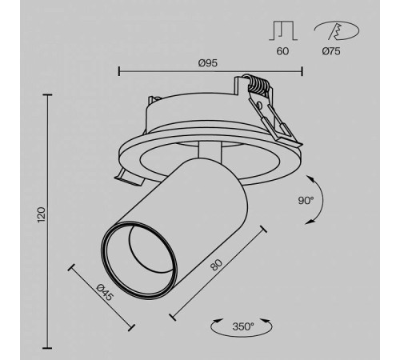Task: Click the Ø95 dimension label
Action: click(209, 62)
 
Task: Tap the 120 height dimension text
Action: click(42, 214)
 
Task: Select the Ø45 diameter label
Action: click(104, 294)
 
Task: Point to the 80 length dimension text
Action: click(216, 267)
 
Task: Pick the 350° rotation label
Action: click(243, 326)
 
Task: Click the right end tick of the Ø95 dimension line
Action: click(302, 71)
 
